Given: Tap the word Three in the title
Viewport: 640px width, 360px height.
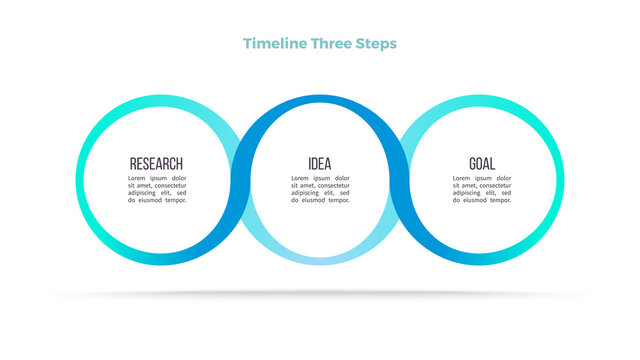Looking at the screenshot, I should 331,44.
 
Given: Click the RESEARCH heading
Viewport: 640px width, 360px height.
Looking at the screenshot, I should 157,164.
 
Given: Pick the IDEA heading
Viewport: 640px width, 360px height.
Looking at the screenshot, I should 320,164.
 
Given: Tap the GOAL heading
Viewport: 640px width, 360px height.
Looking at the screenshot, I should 482,164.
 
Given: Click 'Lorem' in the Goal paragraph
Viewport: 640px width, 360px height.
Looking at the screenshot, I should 462,178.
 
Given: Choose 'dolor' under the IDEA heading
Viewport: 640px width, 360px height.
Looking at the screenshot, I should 342,178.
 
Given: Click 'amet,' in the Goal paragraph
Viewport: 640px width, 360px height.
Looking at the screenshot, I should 474,185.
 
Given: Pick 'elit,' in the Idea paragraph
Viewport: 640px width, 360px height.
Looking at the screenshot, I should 325,193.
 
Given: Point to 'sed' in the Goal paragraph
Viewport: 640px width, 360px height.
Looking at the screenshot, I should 506,193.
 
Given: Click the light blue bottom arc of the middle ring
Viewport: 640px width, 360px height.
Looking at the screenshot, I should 320,259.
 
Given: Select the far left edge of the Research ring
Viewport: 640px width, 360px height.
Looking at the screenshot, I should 80,180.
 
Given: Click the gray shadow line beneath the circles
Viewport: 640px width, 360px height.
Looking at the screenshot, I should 320,294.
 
